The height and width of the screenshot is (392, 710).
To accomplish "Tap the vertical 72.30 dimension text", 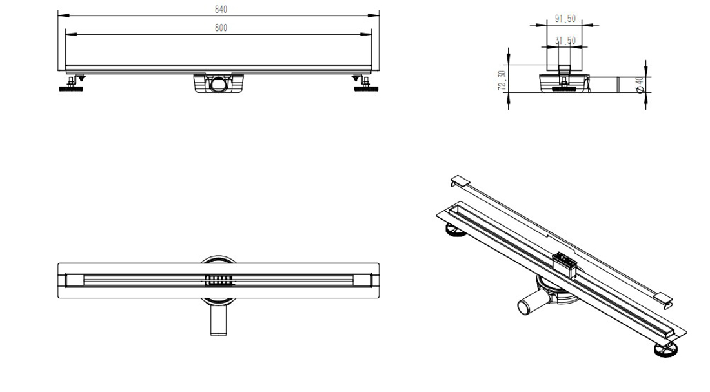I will pos(502,81).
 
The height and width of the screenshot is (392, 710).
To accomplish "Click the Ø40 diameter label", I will pos(640,85).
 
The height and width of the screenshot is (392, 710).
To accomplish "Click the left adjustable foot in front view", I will pos(70,86).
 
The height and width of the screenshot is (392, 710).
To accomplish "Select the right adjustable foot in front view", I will pos(366,86).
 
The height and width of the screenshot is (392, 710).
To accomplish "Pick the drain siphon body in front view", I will pos(220,83).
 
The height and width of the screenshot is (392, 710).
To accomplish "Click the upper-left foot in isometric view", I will pos(454,231).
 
